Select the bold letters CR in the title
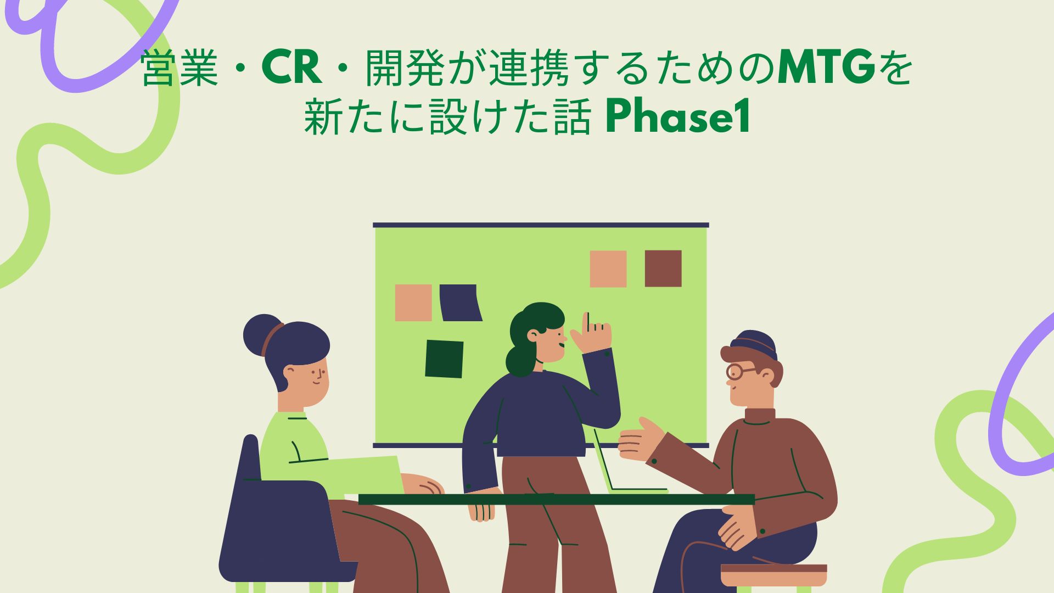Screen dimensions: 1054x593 [x=291, y=69]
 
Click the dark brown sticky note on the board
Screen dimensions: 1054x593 [x=663, y=268]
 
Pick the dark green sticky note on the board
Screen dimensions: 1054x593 [x=444, y=359]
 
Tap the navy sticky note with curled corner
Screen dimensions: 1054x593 [x=461, y=303]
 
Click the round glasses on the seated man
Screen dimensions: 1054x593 [x=739, y=372]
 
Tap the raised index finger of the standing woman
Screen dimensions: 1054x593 [x=587, y=322]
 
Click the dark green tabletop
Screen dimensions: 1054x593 [x=557, y=500]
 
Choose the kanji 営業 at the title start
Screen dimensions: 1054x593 [x=180, y=69]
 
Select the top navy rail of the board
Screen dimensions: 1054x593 [x=541, y=225]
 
